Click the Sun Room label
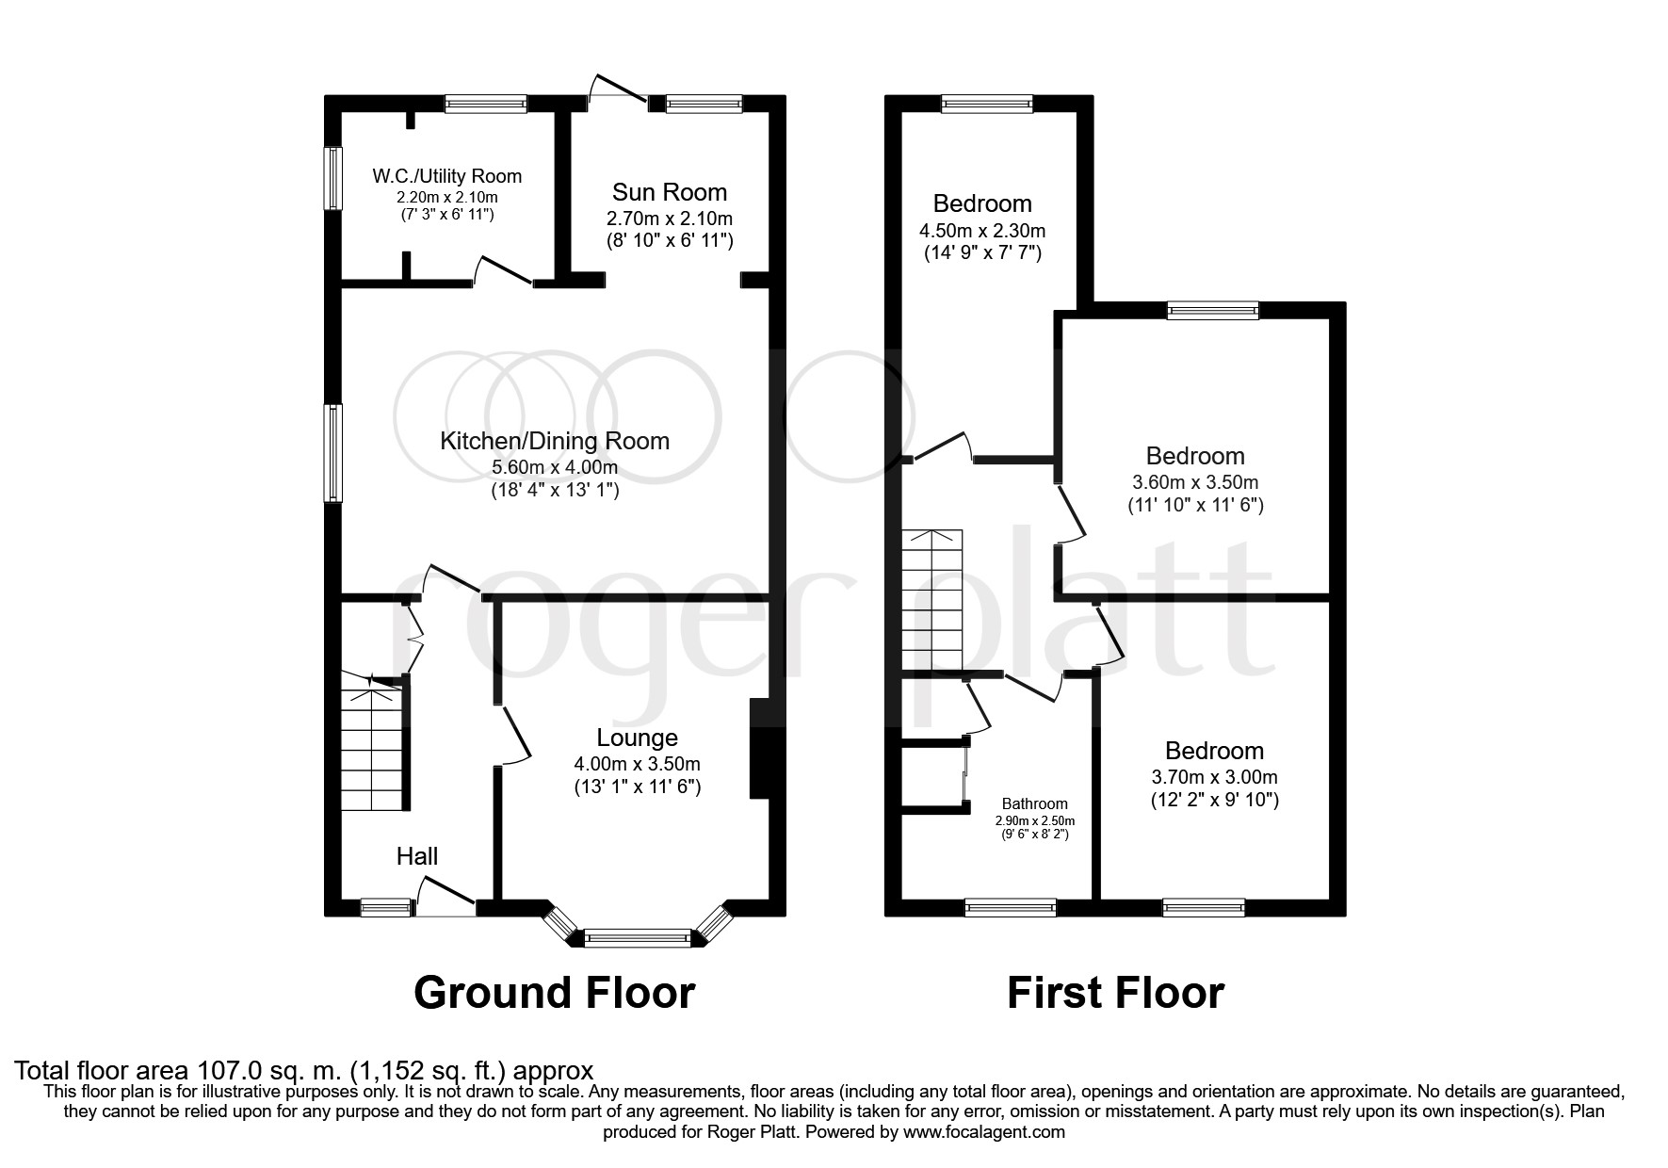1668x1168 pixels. pyautogui.click(x=669, y=193)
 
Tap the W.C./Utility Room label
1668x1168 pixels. pyautogui.click(x=446, y=176)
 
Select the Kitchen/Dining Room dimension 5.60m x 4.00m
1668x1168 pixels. pyautogui.click(x=555, y=468)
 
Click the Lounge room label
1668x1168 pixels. pyautogui.click(x=637, y=738)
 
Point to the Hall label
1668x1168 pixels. pyautogui.click(x=416, y=856)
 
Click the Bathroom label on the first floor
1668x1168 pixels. pyautogui.click(x=1034, y=803)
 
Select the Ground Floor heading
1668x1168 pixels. pyautogui.click(x=555, y=993)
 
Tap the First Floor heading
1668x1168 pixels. pyautogui.click(x=1115, y=993)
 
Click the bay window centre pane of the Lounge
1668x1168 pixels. pyautogui.click(x=637, y=937)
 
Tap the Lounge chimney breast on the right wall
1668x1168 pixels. pyautogui.click(x=760, y=749)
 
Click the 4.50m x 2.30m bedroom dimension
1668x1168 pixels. pyautogui.click(x=981, y=231)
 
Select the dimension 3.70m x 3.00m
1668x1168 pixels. pyautogui.click(x=1214, y=777)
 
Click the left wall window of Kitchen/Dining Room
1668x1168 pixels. pyautogui.click(x=332, y=452)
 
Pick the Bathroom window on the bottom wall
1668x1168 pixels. pyautogui.click(x=1011, y=907)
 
